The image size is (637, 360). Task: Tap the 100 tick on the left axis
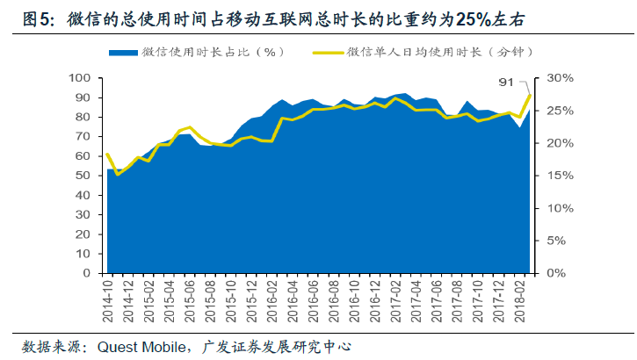(x=82, y=78)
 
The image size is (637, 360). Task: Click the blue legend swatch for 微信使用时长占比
(x=123, y=53)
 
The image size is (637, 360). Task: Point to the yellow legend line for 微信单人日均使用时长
(x=327, y=53)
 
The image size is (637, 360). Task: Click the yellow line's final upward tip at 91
(x=530, y=95)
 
